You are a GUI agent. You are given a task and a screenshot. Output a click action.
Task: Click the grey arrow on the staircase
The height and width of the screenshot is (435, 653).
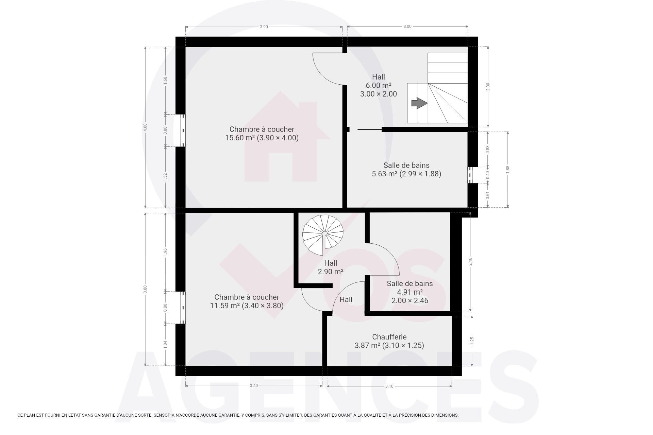click(419, 103)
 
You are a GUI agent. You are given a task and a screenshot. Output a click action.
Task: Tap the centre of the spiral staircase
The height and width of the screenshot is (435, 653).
click(324, 234)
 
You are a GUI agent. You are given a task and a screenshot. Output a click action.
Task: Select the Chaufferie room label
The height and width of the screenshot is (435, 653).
click(389, 337)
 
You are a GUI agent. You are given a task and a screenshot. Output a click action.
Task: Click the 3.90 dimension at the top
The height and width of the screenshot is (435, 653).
click(264, 27)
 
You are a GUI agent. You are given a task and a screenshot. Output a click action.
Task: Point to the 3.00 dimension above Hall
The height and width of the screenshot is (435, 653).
click(407, 27)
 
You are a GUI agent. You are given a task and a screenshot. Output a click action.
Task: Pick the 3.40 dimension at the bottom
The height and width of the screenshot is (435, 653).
click(254, 386)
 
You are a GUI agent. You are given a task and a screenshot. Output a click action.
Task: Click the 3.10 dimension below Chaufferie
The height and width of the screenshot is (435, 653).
click(389, 386)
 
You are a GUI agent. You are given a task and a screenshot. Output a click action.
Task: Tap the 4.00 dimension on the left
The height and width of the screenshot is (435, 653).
click(145, 127)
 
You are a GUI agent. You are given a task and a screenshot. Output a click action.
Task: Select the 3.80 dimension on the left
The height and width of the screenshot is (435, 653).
click(145, 289)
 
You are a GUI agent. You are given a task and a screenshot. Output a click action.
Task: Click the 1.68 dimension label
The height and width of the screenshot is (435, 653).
click(165, 80)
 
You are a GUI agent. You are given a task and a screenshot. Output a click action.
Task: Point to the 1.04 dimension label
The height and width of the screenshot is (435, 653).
click(165, 344)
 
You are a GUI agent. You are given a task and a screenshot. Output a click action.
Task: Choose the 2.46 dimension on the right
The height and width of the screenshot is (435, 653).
click(470, 262)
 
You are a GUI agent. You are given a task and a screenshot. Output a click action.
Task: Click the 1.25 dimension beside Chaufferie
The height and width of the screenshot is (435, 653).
click(472, 341)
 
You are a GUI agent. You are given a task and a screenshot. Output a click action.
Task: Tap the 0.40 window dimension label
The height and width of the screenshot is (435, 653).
click(488, 175)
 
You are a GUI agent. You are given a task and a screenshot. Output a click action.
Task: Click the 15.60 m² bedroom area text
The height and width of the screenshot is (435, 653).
click(240, 138)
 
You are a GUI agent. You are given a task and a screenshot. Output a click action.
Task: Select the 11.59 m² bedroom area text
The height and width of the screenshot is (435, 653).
click(225, 306)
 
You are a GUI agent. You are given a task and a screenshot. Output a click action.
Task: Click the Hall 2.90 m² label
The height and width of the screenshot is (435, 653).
click(331, 267)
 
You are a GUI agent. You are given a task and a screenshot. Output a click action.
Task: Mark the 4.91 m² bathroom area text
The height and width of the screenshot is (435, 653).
click(410, 292)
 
